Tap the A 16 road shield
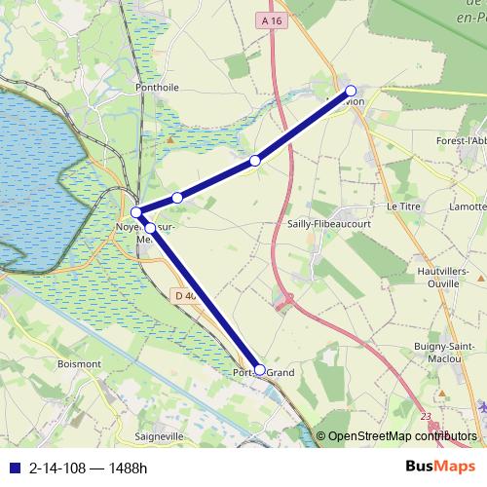coord(272,19)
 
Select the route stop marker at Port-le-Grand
coord(259,369)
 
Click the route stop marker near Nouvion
coord(351,91)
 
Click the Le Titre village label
coord(401,206)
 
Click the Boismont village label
coord(80,363)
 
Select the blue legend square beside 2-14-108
coord(13,467)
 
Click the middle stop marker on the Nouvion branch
coord(255,160)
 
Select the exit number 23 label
coord(426,417)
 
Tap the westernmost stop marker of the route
coord(137,212)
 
